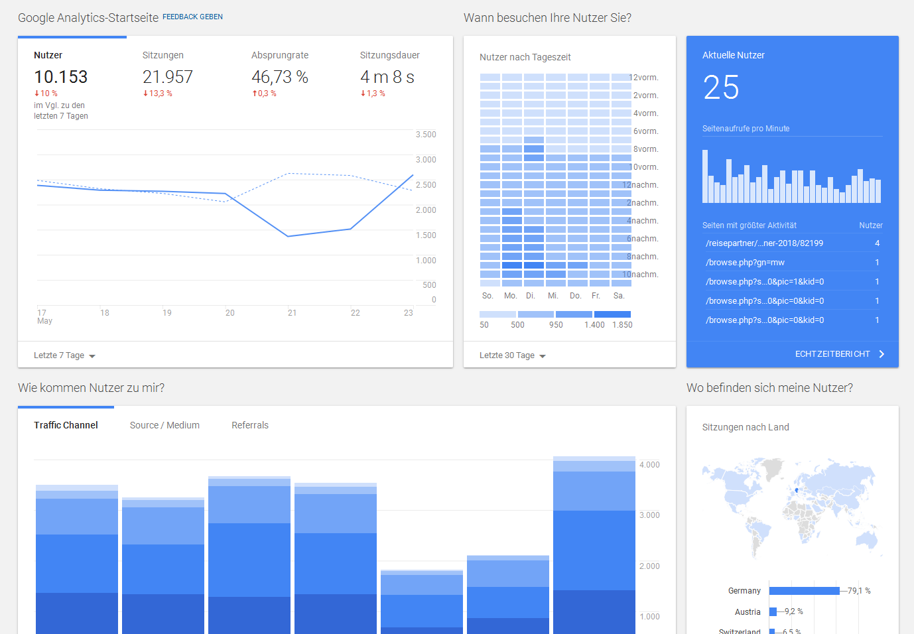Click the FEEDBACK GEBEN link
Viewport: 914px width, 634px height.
click(x=192, y=17)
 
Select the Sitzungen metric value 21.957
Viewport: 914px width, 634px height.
click(x=168, y=77)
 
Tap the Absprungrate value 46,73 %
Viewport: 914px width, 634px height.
click(x=280, y=77)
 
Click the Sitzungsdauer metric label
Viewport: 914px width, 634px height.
click(x=390, y=55)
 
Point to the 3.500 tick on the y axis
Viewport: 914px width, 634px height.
click(x=426, y=135)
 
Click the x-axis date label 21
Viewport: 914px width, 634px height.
click(x=293, y=313)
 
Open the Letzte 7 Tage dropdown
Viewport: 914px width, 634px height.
click(x=64, y=355)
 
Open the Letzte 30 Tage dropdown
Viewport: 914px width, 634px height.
click(x=513, y=355)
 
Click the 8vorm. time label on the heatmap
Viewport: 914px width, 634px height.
click(x=645, y=149)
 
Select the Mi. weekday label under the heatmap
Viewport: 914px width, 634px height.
click(x=553, y=296)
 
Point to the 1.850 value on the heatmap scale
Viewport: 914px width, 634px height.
click(x=622, y=325)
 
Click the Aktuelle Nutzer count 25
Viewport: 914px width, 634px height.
click(x=721, y=88)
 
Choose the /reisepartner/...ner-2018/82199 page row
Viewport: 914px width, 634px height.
click(x=764, y=243)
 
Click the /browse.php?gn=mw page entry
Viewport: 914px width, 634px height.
click(x=745, y=263)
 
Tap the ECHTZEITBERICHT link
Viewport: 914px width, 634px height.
click(x=832, y=354)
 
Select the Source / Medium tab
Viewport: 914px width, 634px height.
click(x=164, y=425)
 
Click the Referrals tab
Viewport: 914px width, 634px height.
click(x=250, y=425)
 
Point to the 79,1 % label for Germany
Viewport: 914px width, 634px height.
click(x=859, y=591)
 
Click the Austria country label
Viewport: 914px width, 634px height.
click(x=748, y=612)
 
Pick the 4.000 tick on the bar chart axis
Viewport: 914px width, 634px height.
click(x=649, y=465)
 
